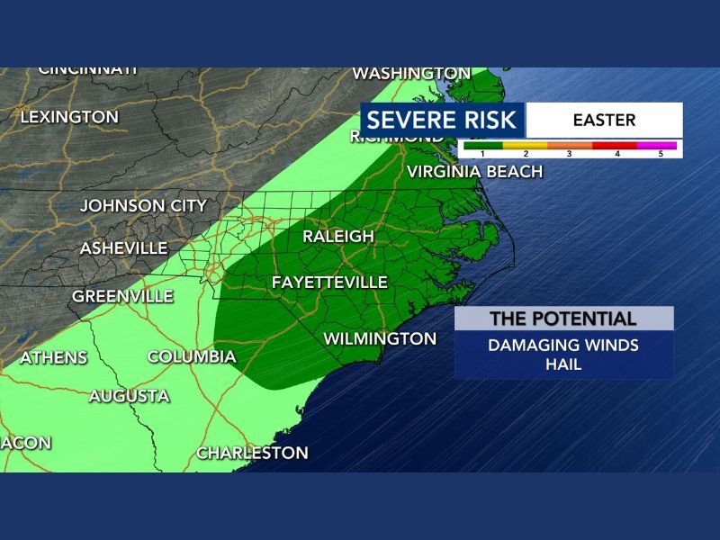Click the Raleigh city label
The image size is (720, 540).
point(337,237)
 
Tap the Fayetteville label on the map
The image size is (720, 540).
point(329,283)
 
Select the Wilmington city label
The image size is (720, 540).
point(379,339)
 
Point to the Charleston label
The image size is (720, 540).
point(252,453)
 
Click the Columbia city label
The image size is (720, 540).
point(192,357)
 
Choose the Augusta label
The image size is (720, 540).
point(129,396)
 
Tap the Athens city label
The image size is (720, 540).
point(53,358)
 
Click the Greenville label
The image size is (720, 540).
point(116,296)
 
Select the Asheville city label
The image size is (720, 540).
point(123,248)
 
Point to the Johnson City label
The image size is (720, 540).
point(143,206)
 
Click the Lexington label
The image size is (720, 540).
point(69,117)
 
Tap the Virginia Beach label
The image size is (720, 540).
point(474,172)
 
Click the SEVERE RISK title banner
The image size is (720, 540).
point(442,120)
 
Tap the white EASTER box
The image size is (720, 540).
point(603,120)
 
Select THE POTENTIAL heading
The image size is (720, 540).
point(563,319)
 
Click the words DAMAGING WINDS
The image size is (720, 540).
point(563,345)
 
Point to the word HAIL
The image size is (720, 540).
point(563,364)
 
